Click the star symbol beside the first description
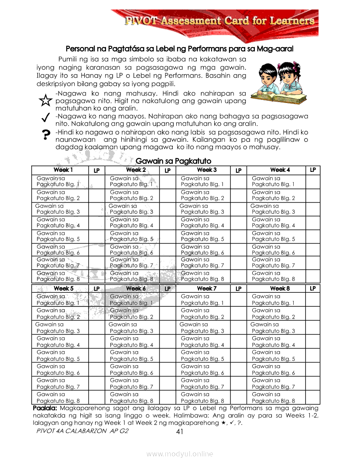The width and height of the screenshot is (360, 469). pos(45,101)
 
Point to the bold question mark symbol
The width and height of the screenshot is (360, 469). pos(45,135)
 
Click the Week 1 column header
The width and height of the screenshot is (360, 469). pos(63,170)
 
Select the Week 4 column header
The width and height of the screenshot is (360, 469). pos(280,170)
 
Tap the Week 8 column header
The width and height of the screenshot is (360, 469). pos(280,289)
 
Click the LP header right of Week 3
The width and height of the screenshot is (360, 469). pos(238,171)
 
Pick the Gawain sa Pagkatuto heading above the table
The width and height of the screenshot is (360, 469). pos(174,161)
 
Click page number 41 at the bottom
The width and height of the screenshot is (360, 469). pos(179,432)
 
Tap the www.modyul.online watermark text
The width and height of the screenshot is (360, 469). pos(180,454)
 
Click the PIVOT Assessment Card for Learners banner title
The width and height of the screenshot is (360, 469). pos(220,21)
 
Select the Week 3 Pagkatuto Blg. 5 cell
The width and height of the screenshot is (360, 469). pos(202,236)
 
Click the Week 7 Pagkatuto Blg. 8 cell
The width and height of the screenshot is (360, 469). pos(202,397)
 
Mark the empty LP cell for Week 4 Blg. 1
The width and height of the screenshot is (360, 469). pos(312,181)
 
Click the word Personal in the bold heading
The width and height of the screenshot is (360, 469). pos(80,49)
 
